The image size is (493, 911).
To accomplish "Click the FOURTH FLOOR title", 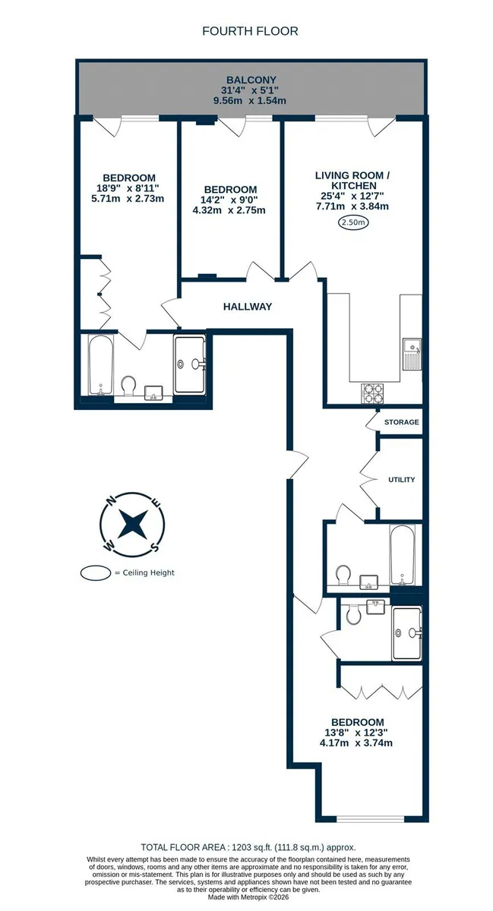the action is [250, 31].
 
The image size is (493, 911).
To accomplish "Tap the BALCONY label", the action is [251, 80].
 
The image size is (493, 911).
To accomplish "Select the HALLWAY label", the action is [248, 307].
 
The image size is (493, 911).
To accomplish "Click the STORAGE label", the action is [401, 422].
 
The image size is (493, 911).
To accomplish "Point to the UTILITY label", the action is [401, 480].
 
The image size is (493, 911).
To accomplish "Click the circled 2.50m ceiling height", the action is [353, 222].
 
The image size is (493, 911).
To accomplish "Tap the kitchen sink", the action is [412, 354].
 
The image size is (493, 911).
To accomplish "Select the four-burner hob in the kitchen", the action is [372, 392].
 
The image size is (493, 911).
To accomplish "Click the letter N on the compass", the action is [110, 501].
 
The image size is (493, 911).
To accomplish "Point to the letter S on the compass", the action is [154, 547].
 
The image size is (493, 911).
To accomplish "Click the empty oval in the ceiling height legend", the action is [96, 573].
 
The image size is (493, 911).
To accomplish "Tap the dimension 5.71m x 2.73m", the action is [128, 199].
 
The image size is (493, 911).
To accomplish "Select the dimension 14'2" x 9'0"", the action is [229, 200].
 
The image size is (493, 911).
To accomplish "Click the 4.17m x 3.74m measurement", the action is [356, 743].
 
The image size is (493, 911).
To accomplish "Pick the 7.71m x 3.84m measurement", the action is [352, 206].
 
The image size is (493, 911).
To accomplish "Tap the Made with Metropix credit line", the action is [248, 897].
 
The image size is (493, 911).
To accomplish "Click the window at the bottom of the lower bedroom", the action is [370, 818].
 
